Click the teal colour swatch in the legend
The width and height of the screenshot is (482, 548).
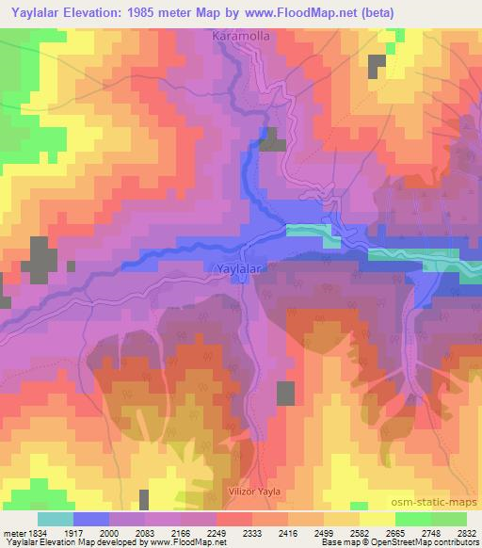(56, 519)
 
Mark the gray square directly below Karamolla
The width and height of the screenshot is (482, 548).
(273, 140)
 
